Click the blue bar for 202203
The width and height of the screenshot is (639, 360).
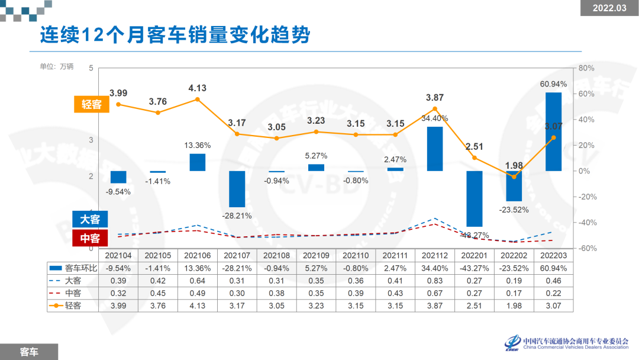pyautogui.click(x=553, y=131)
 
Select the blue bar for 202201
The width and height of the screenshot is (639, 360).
pyautogui.click(x=474, y=198)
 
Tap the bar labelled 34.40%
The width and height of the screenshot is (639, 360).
pyautogui.click(x=434, y=149)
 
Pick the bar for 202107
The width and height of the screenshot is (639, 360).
pyautogui.click(x=237, y=189)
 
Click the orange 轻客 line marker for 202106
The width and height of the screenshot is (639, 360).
pyautogui.click(x=198, y=99)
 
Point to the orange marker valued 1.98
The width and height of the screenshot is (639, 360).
pyautogui.click(x=514, y=176)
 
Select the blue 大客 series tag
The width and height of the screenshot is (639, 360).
pyautogui.click(x=90, y=220)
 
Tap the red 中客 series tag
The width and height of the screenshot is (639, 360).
pyautogui.click(x=90, y=239)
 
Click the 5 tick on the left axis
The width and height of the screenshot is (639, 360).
pyautogui.click(x=91, y=68)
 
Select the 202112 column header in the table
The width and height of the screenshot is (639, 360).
pyautogui.click(x=434, y=255)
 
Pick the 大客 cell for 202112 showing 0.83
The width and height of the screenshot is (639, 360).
pyautogui.click(x=434, y=281)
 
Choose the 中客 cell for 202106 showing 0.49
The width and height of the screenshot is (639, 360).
pyautogui.click(x=198, y=293)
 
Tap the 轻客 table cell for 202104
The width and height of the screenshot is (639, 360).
pyautogui.click(x=118, y=306)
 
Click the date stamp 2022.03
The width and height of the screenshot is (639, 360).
pyautogui.click(x=609, y=8)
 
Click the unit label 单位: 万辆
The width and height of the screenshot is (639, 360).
pyautogui.click(x=57, y=66)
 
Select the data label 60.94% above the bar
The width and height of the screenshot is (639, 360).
pyautogui.click(x=553, y=84)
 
